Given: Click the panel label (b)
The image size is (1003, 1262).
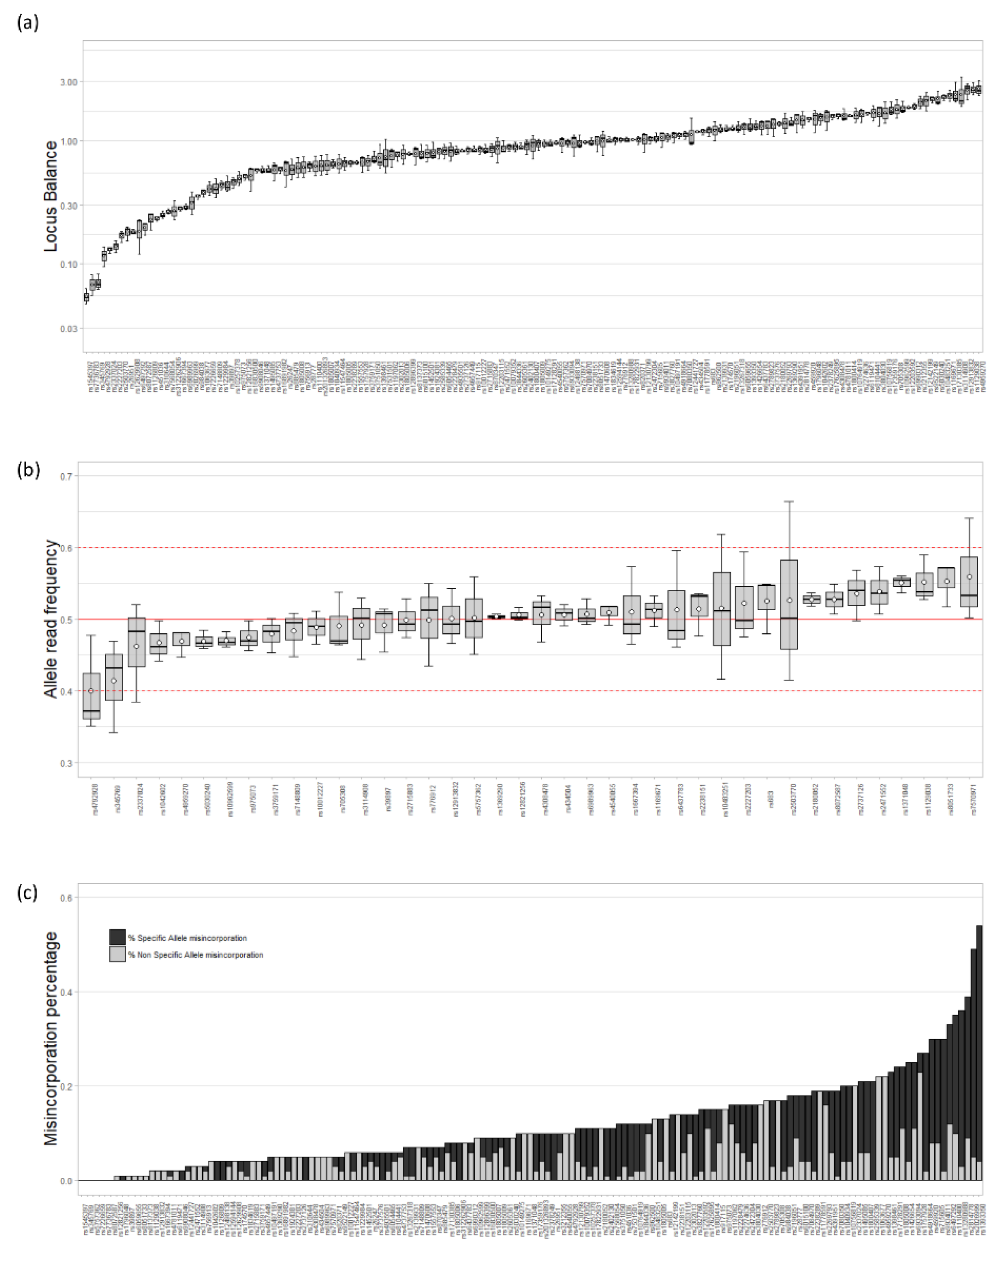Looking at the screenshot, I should click(x=27, y=469).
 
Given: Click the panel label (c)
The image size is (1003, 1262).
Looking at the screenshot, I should click(x=27, y=893).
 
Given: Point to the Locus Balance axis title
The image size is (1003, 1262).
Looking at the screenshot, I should click(x=51, y=196).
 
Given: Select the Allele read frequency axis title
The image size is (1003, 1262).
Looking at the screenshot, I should click(x=51, y=619).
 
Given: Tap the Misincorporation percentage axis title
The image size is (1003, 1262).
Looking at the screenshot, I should click(x=51, y=1039).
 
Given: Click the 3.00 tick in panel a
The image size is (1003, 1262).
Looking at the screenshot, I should click(x=68, y=83).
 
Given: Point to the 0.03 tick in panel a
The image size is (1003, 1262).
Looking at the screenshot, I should click(x=68, y=329).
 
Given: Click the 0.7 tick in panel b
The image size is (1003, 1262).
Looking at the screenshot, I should click(x=66, y=476).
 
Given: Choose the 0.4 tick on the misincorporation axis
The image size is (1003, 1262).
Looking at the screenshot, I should click(x=66, y=993).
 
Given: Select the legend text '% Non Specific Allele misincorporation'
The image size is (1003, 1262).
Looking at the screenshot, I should click(x=195, y=955).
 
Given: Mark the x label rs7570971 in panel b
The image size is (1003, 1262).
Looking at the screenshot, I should click(x=973, y=800).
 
